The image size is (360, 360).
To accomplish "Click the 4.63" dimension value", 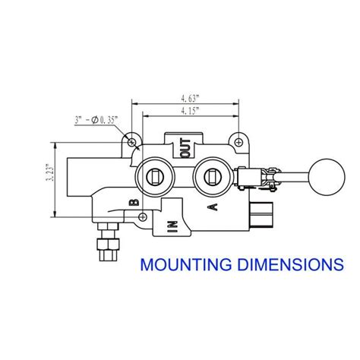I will pos(189,98).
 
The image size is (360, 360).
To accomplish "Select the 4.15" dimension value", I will pos(189,112).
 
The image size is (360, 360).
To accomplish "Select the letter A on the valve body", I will pos(212,207).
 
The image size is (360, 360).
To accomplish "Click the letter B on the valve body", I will pos(133,201).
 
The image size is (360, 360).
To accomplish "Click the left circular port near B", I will pos(153,178).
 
